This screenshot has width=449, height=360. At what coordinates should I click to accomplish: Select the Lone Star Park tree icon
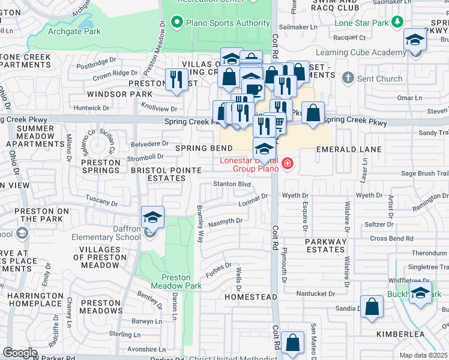click(397, 22)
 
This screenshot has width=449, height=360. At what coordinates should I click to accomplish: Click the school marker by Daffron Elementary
click(152, 217)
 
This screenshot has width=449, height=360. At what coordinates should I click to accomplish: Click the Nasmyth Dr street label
click(226, 221)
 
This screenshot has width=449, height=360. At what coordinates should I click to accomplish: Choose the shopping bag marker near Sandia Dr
click(372, 306)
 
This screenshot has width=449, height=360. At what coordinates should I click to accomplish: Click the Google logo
click(20, 353)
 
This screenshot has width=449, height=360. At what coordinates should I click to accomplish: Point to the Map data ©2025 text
click(424, 355)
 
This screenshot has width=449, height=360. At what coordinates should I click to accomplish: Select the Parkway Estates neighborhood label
click(326, 247)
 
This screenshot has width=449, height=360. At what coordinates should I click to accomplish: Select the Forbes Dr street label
click(220, 266)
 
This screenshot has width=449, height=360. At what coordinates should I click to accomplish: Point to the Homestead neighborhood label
click(251, 297)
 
